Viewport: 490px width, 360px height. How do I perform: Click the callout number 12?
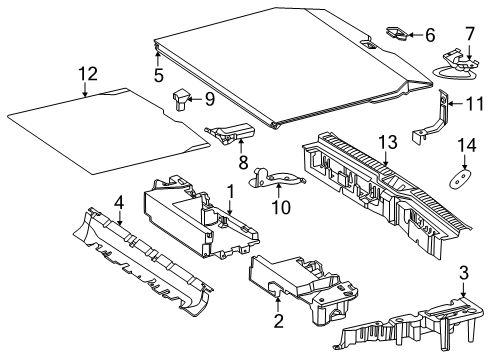(88, 74)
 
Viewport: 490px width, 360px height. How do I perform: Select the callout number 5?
(159, 75)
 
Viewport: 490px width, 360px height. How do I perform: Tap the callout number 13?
(388, 142)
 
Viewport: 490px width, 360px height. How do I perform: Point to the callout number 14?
(467, 146)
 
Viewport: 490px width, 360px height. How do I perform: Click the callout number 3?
(464, 273)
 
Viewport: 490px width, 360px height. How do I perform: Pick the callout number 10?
(281, 207)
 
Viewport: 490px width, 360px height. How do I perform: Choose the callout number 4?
(119, 203)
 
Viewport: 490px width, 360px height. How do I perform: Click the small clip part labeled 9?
(180, 99)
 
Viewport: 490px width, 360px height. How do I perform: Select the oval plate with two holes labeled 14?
(460, 179)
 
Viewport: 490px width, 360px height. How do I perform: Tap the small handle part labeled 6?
(397, 34)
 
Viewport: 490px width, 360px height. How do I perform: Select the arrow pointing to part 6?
(415, 35)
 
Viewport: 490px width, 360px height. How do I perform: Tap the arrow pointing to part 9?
(196, 99)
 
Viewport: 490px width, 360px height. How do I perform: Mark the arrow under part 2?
(278, 305)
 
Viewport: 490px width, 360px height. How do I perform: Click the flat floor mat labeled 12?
(109, 131)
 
